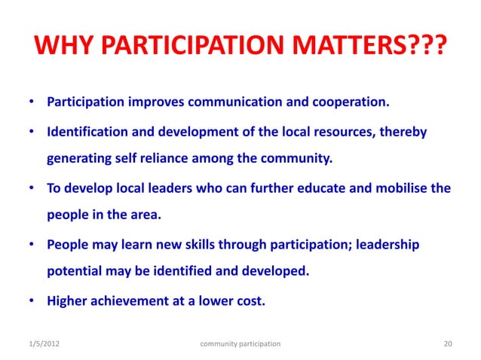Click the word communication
tap(229, 102)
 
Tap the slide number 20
tap(448, 343)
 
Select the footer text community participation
tap(240, 343)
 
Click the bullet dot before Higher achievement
tap(33, 302)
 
